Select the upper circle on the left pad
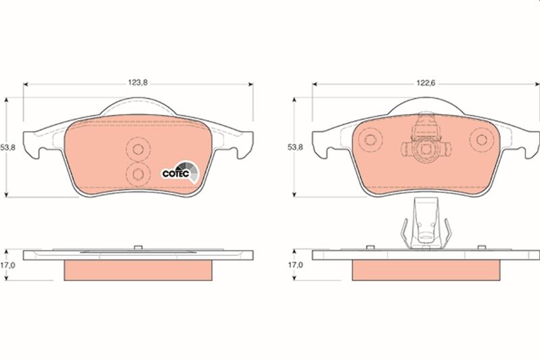139,150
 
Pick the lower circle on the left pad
139,174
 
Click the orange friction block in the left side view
138,271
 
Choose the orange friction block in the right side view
425,271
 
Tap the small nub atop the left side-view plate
138,247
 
